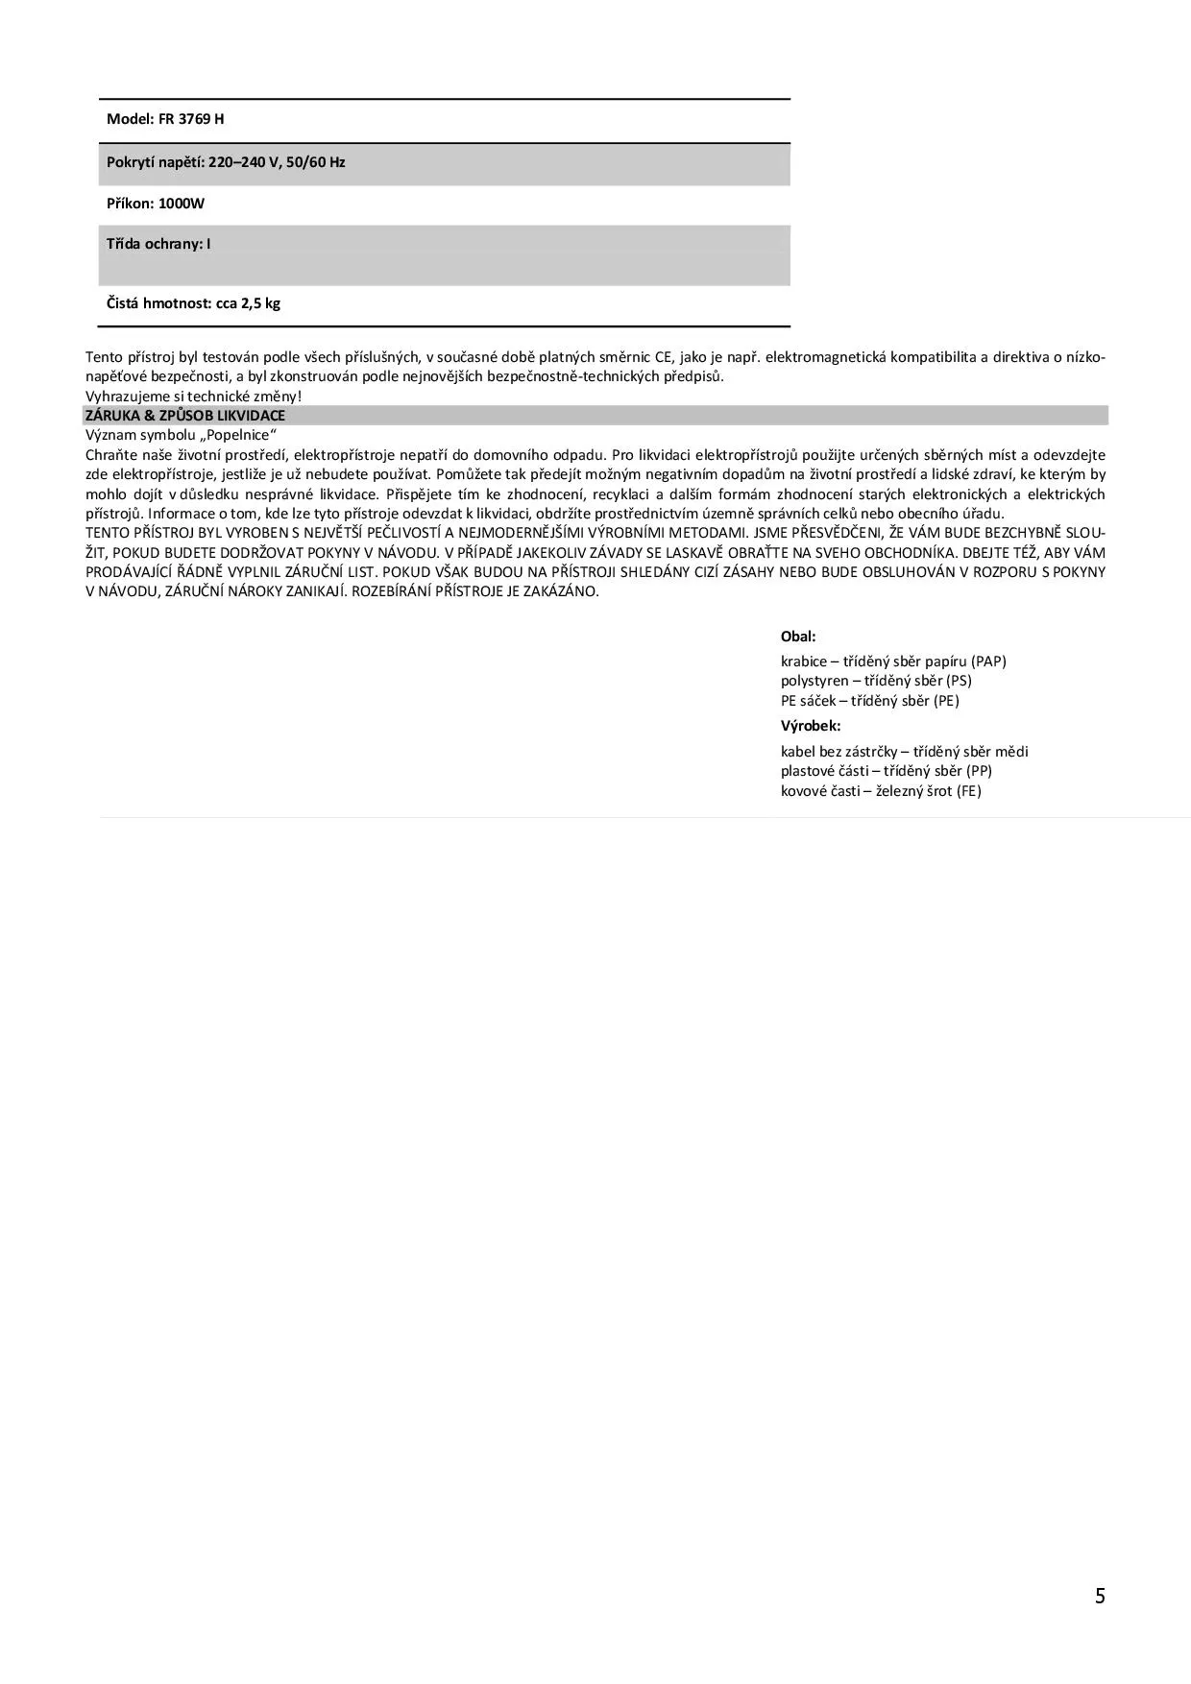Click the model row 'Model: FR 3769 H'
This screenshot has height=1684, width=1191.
click(165, 119)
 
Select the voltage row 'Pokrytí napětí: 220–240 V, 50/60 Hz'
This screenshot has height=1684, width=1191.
click(226, 162)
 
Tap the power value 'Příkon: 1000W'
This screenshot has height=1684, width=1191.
click(156, 204)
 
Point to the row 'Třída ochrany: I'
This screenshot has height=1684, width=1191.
click(158, 244)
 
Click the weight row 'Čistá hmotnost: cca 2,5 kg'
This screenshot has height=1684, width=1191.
click(193, 303)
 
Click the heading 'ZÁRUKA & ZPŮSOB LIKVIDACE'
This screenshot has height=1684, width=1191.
click(185, 416)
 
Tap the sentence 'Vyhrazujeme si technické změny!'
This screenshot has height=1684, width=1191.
click(193, 396)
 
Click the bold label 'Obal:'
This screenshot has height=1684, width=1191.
click(798, 637)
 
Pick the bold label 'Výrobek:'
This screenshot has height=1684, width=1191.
click(811, 726)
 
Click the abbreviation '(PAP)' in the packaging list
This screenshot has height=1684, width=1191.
click(988, 662)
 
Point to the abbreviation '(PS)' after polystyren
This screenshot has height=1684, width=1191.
click(959, 681)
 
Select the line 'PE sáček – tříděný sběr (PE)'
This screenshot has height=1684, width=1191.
click(870, 701)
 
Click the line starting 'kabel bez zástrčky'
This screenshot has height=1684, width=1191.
click(904, 752)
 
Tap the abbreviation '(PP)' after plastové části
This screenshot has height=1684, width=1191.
click(979, 771)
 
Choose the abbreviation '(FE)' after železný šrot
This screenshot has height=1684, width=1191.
click(969, 791)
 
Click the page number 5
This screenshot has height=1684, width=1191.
click(1100, 1596)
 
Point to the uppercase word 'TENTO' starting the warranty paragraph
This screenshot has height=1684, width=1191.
click(106, 533)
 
